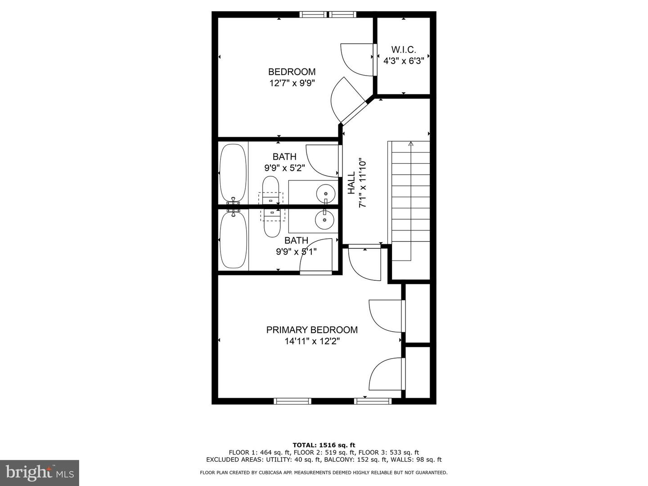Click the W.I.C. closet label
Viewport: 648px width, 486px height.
(404, 49)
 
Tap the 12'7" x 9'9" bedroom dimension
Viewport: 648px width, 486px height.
(292, 83)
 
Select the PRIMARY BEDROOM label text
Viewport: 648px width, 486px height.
(312, 329)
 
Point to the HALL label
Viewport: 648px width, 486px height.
(351, 183)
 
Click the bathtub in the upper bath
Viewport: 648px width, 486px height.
(233, 173)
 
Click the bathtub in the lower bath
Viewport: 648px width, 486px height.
(233, 240)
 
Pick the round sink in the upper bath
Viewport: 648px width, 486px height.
(326, 193)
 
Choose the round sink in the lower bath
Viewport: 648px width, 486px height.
(325, 220)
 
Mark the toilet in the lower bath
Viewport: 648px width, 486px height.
(272, 223)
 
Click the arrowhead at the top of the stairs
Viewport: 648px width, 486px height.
(411, 144)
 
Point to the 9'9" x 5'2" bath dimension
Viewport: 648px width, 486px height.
(284, 168)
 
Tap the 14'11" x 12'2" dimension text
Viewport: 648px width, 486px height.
(312, 341)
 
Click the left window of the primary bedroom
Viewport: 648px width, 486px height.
(292, 401)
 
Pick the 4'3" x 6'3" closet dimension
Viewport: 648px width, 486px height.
(404, 61)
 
